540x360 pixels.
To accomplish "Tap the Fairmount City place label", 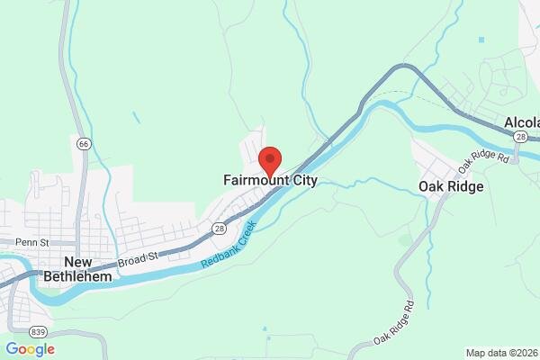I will pos(270,181).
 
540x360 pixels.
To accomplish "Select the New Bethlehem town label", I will pos(88,269).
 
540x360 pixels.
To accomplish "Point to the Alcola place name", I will pos(521,122).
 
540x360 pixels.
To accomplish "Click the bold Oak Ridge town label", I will pos(451,186).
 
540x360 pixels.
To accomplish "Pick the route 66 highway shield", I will pos(84,143).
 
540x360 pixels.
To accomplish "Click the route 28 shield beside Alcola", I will pos(520,135).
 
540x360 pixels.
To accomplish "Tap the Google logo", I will pos(31,349).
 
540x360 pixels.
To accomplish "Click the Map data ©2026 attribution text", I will pos(501,353).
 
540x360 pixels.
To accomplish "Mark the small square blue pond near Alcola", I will pos(481,40).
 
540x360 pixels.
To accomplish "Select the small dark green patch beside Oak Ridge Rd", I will pos(406,239).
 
